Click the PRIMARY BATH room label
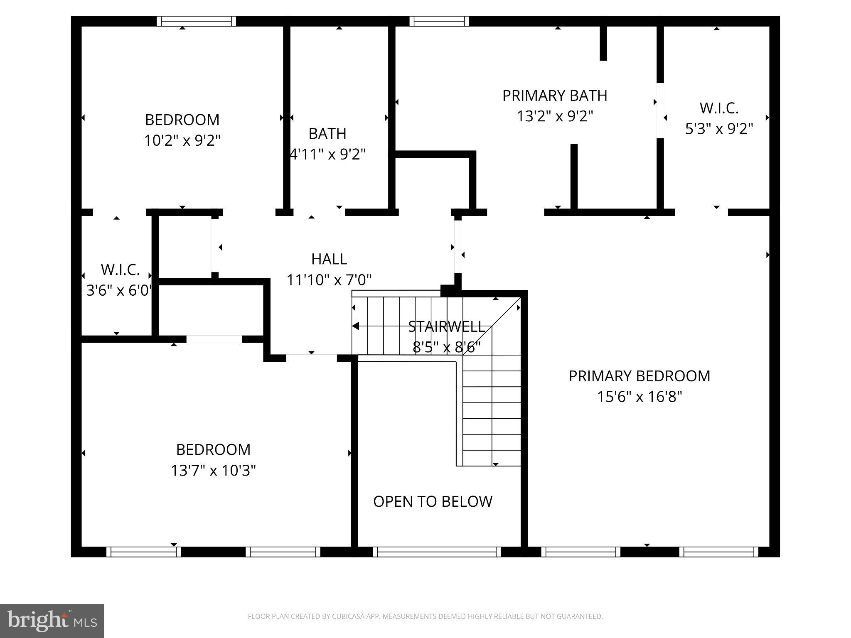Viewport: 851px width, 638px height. click(555, 96)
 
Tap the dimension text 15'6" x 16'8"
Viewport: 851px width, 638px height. click(639, 397)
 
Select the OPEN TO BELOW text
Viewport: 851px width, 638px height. click(433, 501)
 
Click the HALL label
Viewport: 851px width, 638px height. click(329, 259)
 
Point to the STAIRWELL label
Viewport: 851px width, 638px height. click(446, 327)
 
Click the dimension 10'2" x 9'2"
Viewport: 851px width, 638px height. click(182, 140)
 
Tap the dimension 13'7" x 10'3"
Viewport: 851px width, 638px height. click(213, 471)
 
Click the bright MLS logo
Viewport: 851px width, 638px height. click(52, 621)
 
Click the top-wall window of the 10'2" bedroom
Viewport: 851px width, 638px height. click(196, 21)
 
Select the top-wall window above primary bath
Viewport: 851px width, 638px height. click(439, 21)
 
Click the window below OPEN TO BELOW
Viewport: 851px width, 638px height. click(437, 552)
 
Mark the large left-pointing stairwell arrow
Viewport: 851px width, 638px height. click(356, 326)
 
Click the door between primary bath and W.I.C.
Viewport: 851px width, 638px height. click(660, 110)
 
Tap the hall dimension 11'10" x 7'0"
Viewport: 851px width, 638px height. click(329, 280)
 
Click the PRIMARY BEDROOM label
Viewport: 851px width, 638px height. click(639, 376)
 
